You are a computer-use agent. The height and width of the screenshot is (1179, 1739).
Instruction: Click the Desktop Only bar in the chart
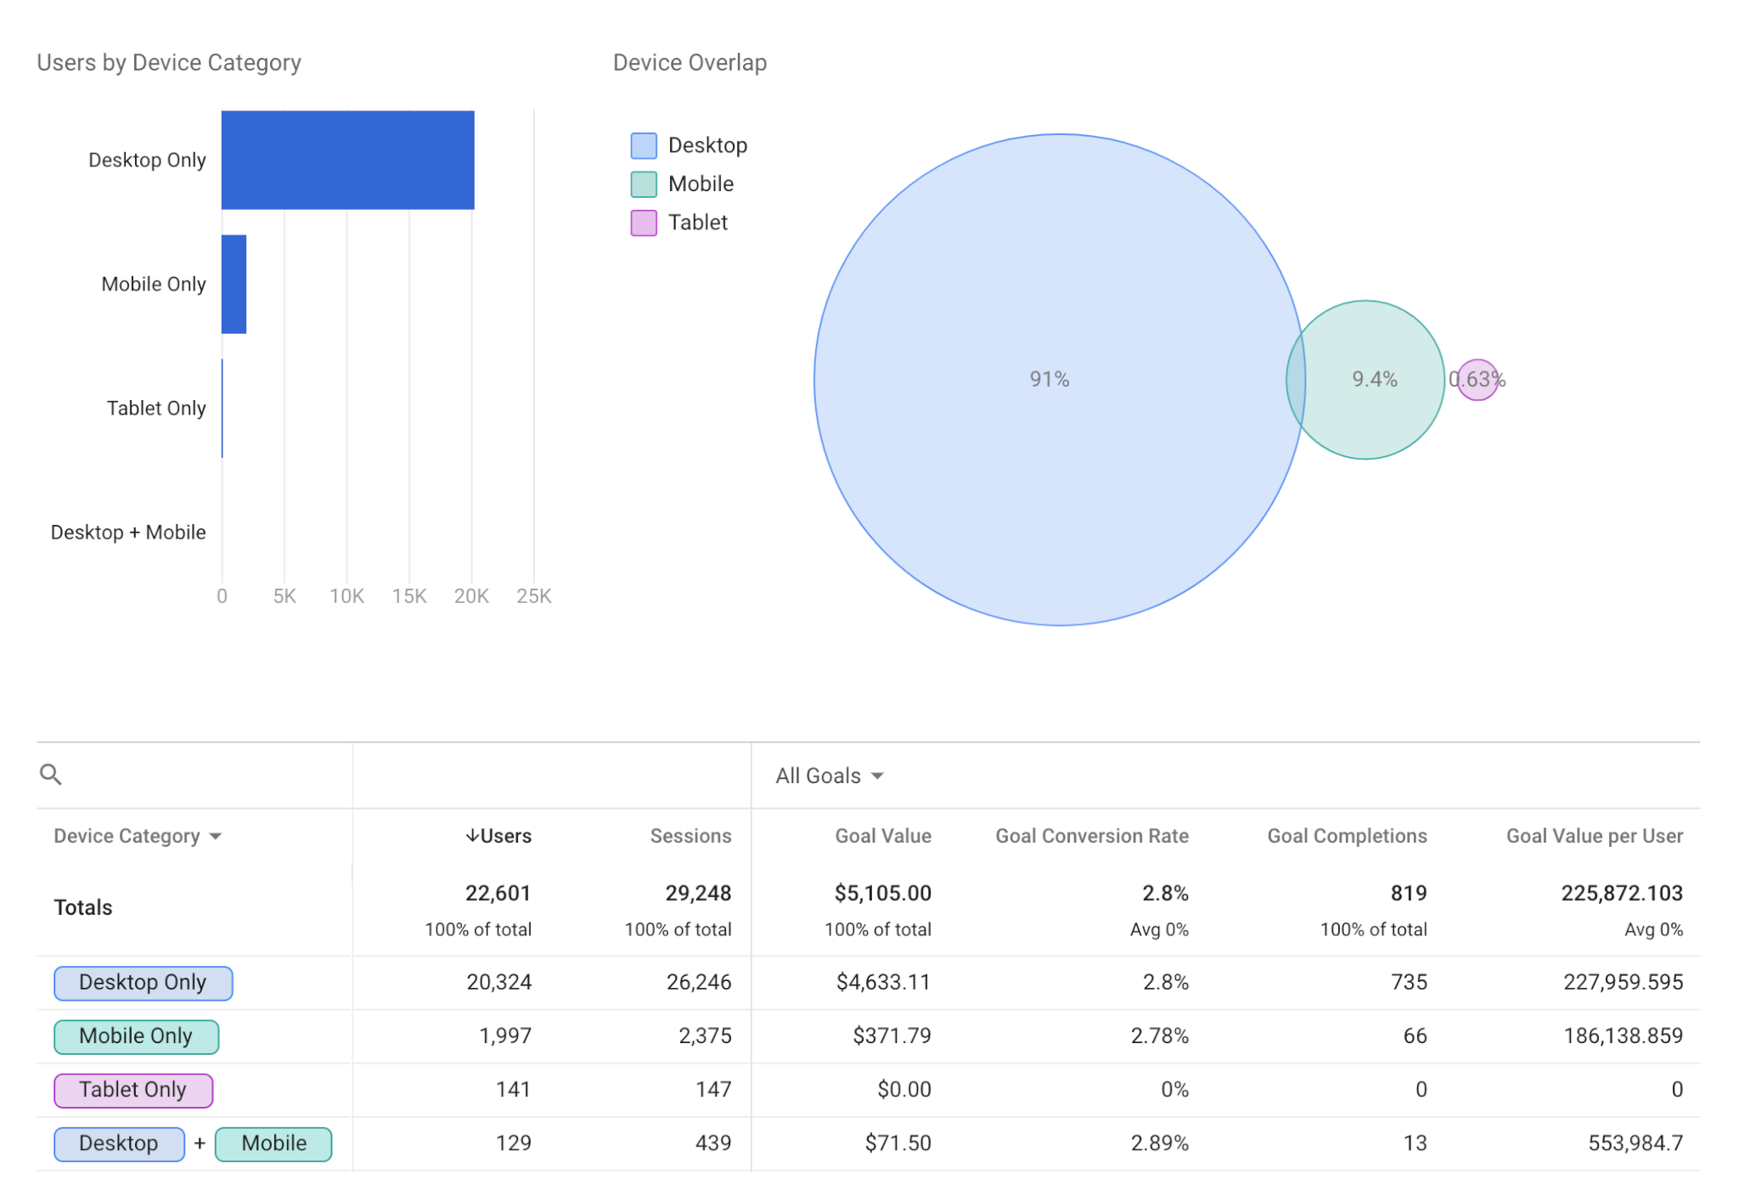click(347, 160)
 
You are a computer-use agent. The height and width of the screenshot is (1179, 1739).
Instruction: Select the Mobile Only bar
click(234, 284)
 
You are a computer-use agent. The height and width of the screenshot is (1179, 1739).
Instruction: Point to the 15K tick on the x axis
click(409, 596)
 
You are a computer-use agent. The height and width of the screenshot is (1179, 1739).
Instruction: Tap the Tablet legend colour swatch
click(644, 223)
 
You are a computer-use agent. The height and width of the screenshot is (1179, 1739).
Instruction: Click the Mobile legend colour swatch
click(644, 184)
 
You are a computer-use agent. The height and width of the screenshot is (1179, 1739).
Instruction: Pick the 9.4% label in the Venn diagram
click(1375, 379)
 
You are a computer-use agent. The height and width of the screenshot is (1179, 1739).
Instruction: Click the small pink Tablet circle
click(1477, 379)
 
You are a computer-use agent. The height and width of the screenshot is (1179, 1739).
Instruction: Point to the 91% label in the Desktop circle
click(1050, 379)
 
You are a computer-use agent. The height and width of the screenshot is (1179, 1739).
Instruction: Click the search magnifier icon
click(51, 775)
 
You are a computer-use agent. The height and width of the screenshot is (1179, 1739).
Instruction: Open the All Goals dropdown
click(830, 776)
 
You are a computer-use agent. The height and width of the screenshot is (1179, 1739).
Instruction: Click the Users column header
click(498, 836)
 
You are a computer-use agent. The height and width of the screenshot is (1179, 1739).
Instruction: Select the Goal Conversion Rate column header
click(1092, 836)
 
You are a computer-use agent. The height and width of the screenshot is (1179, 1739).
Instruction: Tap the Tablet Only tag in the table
click(133, 1090)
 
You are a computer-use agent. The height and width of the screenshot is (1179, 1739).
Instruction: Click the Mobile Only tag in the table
click(136, 1036)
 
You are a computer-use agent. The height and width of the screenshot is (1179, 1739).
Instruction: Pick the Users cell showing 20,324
click(499, 982)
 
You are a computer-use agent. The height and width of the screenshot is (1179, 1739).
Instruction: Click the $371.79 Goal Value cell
click(892, 1035)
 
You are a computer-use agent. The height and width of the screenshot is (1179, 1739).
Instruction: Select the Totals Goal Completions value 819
click(1409, 893)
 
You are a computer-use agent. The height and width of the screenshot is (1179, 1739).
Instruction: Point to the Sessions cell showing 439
click(713, 1142)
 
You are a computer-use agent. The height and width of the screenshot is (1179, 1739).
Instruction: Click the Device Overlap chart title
click(689, 63)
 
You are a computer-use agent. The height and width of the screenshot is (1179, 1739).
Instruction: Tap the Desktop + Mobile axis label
click(128, 533)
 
